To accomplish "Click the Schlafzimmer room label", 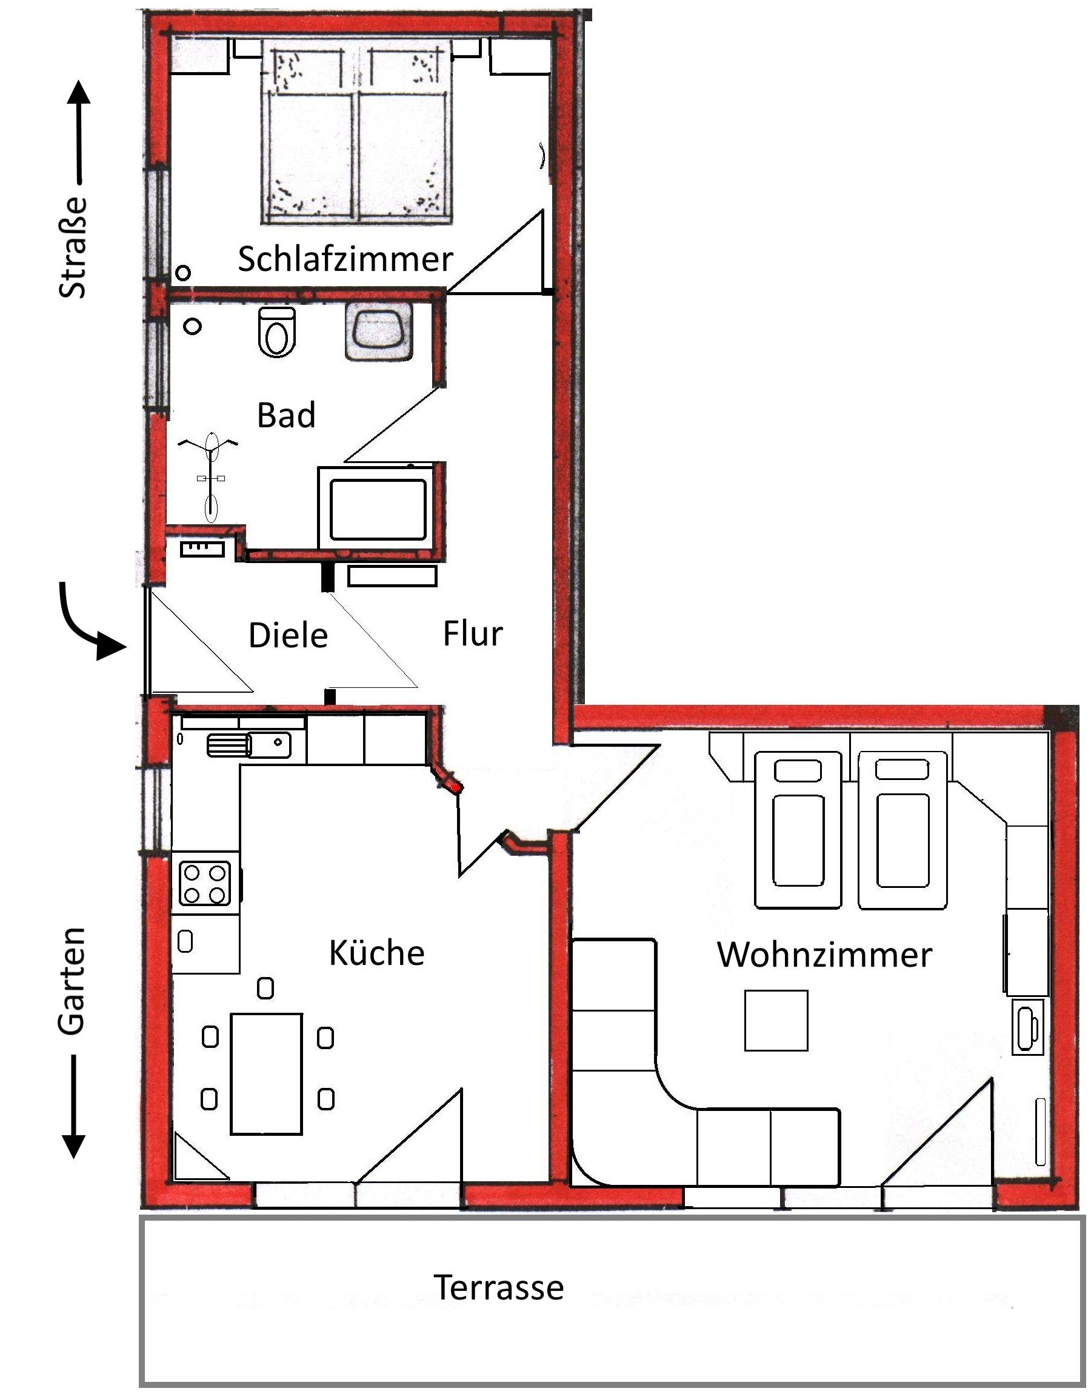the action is coord(345,259).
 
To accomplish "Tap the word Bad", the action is coord(286,415).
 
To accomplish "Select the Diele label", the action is coord(288,635).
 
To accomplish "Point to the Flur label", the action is coord(473,633).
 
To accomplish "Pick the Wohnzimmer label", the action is coord(824,954).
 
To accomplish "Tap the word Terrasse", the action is coord(499,1287).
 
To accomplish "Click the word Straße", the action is coord(72,248).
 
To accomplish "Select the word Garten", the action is coord(71,981).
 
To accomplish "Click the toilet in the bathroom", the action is coord(277,332).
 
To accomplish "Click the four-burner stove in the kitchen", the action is coord(205,883).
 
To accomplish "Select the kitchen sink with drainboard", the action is coord(249,744).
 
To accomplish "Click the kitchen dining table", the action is coord(266,1073).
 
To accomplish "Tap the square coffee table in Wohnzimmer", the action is coord(776,1021).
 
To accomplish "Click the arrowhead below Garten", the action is coord(73,1146).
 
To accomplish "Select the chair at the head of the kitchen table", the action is coord(265,988).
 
